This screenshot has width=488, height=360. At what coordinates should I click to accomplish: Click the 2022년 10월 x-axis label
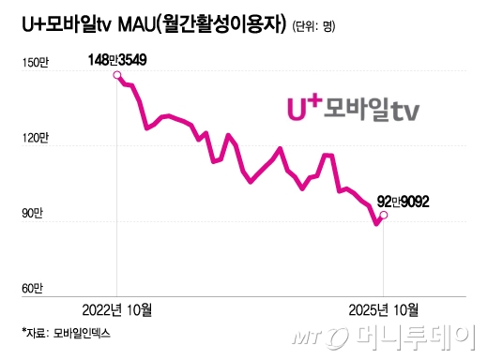coord(115,309)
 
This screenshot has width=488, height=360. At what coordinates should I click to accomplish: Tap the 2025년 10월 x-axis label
coord(383,309)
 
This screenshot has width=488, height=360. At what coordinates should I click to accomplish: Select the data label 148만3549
coord(117,60)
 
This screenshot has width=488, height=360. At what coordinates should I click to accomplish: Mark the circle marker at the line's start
coord(116,75)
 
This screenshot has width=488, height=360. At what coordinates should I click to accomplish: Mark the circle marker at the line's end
coord(383,215)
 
